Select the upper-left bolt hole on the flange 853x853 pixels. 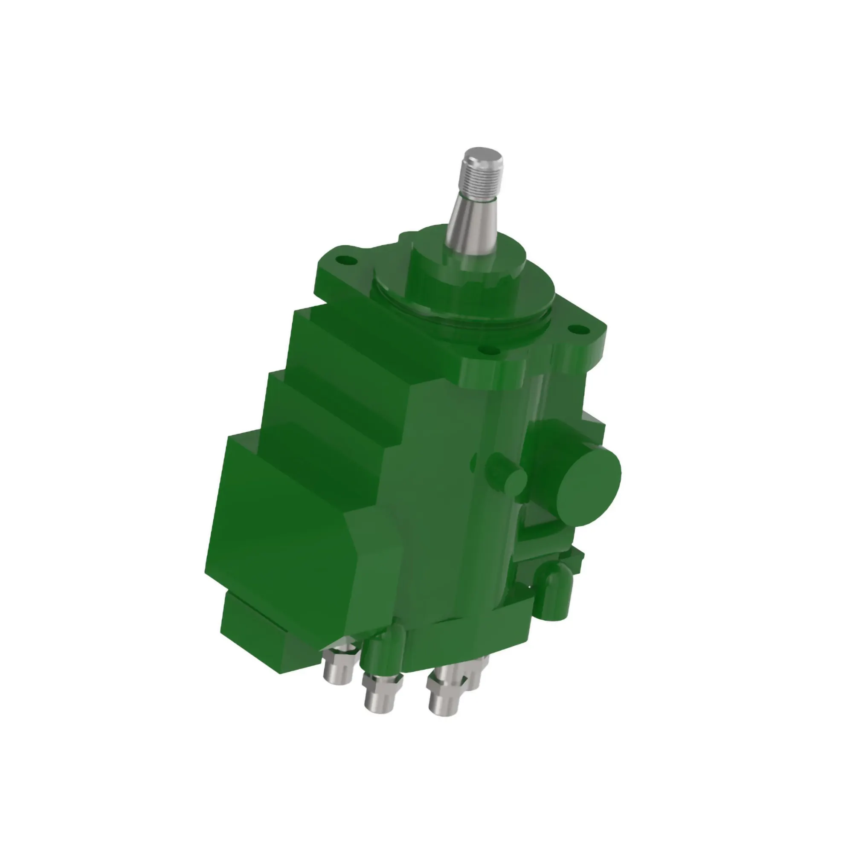345,260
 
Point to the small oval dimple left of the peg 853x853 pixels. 474,463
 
